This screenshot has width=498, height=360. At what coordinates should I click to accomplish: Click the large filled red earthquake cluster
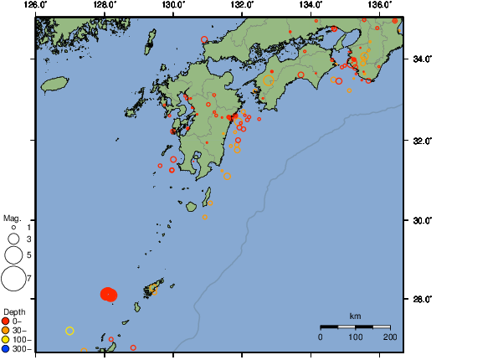[x=109, y=294]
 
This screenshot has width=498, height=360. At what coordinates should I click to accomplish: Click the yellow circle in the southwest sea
[x=70, y=331]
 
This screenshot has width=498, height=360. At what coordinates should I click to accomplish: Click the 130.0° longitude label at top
[x=172, y=4]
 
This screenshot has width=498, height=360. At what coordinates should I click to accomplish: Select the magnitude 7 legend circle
[x=13, y=278]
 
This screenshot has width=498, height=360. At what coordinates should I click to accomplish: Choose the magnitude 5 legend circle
[x=13, y=255]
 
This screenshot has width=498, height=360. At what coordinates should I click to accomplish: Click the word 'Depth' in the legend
[x=14, y=311]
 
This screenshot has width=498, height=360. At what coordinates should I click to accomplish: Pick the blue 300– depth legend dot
[x=7, y=348]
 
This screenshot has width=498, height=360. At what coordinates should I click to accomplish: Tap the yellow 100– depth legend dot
[x=7, y=339]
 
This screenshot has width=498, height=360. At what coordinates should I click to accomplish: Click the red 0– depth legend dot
[x=7, y=321]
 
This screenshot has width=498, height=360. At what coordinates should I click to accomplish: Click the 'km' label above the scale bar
[x=355, y=316]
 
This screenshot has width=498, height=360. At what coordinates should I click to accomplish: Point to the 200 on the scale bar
[x=390, y=337]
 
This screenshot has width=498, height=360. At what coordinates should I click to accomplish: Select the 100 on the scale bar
[x=355, y=337]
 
